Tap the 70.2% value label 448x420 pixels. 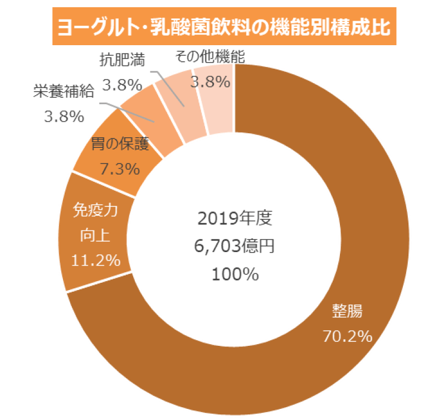tap(347, 336)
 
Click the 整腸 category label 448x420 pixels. tap(347, 311)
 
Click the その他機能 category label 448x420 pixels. tap(210, 56)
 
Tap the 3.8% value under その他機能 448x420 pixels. tap(210, 82)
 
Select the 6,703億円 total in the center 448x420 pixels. tap(235, 245)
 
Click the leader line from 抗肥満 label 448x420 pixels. tap(167, 86)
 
